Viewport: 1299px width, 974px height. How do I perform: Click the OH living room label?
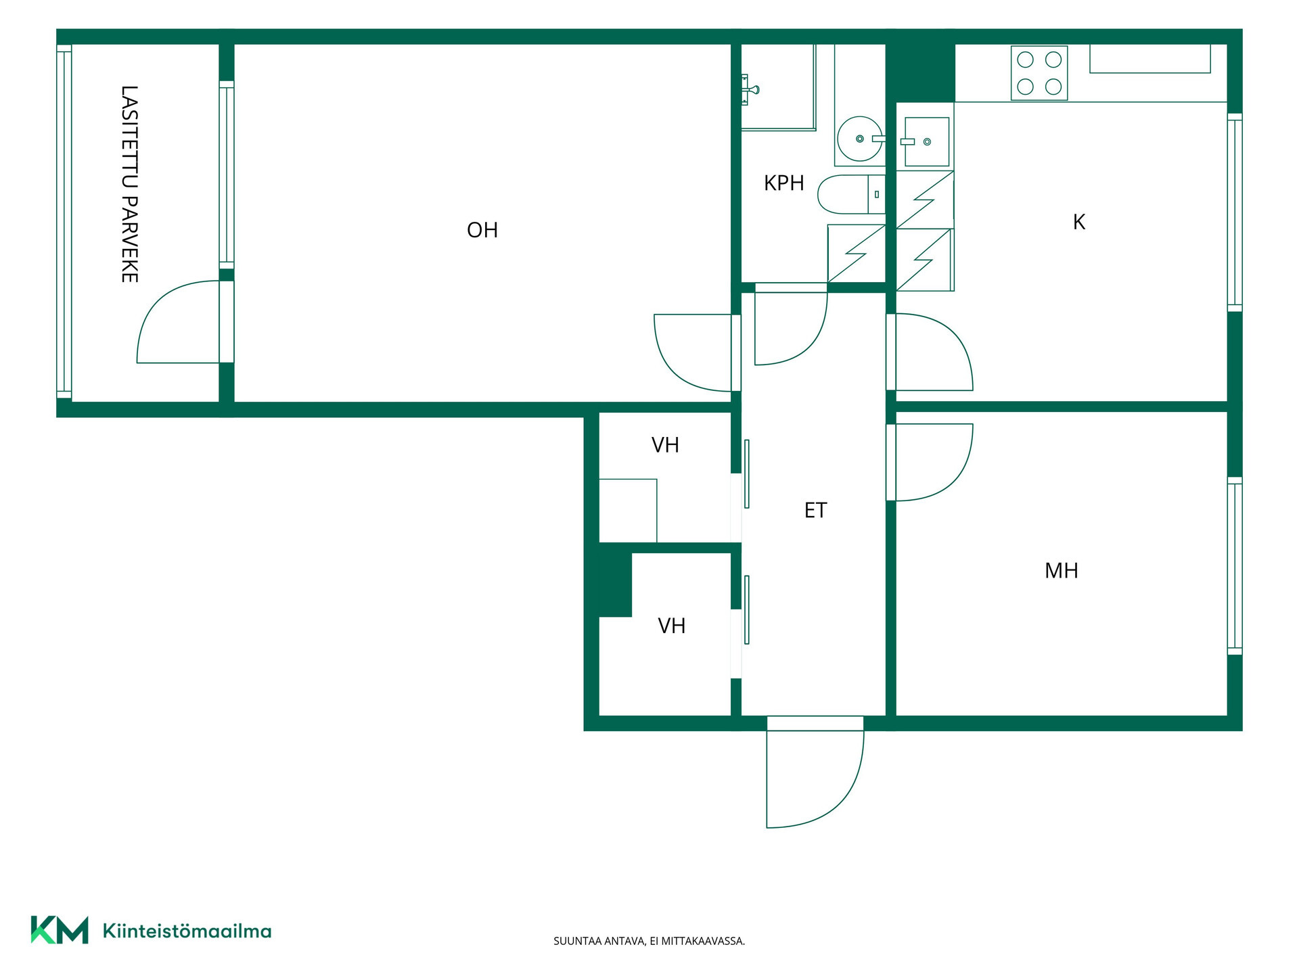(x=482, y=230)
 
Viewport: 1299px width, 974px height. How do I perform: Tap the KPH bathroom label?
(x=784, y=183)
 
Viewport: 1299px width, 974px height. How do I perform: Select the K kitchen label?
(x=1079, y=222)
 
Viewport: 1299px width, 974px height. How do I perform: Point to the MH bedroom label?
(x=1062, y=570)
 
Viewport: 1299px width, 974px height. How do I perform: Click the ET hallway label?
(x=816, y=510)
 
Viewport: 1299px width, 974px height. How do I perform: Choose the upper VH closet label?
(x=665, y=445)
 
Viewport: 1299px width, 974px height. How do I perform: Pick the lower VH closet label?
(x=672, y=626)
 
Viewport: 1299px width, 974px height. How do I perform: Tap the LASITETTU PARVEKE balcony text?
(x=129, y=184)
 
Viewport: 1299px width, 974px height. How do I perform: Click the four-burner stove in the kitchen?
(x=1039, y=73)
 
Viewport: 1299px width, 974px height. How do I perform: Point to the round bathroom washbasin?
(x=860, y=139)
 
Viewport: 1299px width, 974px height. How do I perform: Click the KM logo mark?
(x=60, y=930)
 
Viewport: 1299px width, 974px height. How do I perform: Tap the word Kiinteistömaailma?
(x=187, y=931)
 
